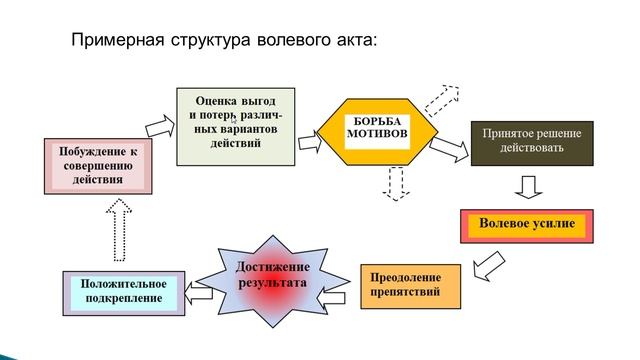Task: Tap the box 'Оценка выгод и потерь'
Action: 237,126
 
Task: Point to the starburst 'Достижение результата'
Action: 272,277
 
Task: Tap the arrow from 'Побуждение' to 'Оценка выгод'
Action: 159,127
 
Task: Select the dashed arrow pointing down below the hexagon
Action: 395,182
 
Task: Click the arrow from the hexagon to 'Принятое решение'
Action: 449,147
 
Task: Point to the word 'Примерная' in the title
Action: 110,42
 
